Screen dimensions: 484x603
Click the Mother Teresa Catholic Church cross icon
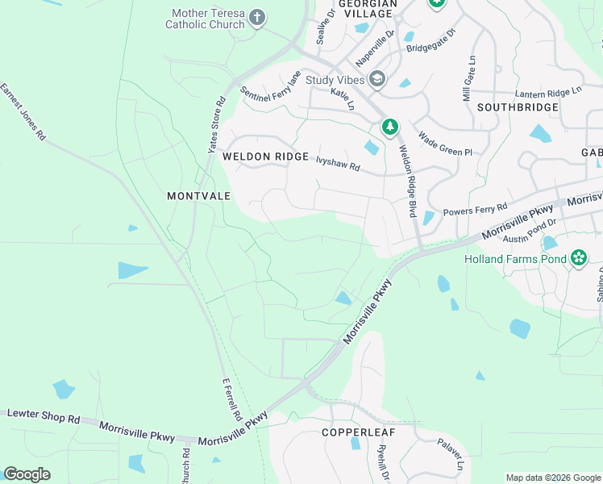pyautogui.click(x=257, y=18)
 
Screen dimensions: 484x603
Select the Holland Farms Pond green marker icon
pyautogui.click(x=578, y=259)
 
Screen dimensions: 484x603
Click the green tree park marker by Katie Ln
pyautogui.click(x=390, y=127)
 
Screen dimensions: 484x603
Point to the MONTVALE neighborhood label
pyautogui.click(x=199, y=196)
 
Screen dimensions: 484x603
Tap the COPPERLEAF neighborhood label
pyautogui.click(x=359, y=432)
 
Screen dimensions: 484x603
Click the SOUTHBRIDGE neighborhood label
pyautogui.click(x=518, y=106)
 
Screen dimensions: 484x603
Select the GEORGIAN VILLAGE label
pyautogui.click(x=368, y=9)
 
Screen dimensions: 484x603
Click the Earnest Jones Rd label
pyautogui.click(x=23, y=112)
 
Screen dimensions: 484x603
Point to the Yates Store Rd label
pyautogui.click(x=215, y=125)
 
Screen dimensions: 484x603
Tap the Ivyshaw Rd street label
pyautogui.click(x=338, y=165)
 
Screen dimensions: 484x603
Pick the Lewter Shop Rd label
pyautogui.click(x=44, y=418)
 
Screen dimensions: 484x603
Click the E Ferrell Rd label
pyautogui.click(x=231, y=402)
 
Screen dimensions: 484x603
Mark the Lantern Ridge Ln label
pyautogui.click(x=548, y=93)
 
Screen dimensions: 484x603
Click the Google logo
pyautogui.click(x=27, y=474)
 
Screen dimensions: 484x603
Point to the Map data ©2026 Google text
pyautogui.click(x=552, y=478)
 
